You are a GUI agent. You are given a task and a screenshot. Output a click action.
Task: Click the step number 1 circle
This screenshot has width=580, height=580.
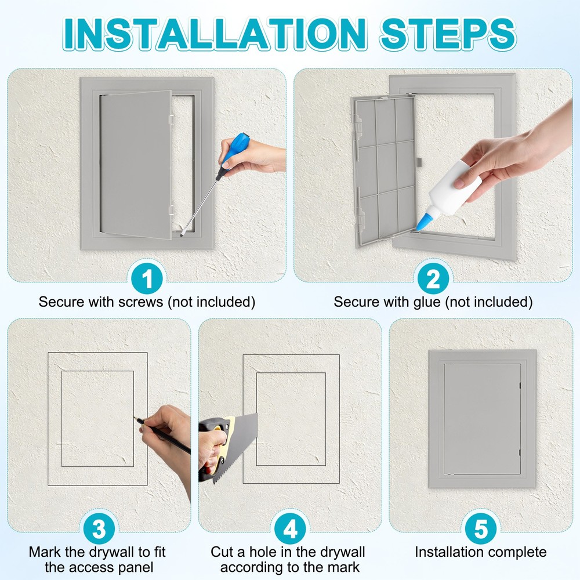147,279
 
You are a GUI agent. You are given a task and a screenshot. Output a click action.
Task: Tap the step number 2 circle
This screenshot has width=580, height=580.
433,279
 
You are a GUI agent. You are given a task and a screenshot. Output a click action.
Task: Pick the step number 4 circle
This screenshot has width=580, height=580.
290,528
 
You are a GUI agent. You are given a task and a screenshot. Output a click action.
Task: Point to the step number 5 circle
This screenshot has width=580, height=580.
481,528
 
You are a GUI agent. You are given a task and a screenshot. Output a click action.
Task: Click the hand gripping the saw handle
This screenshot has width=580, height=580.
212,449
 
